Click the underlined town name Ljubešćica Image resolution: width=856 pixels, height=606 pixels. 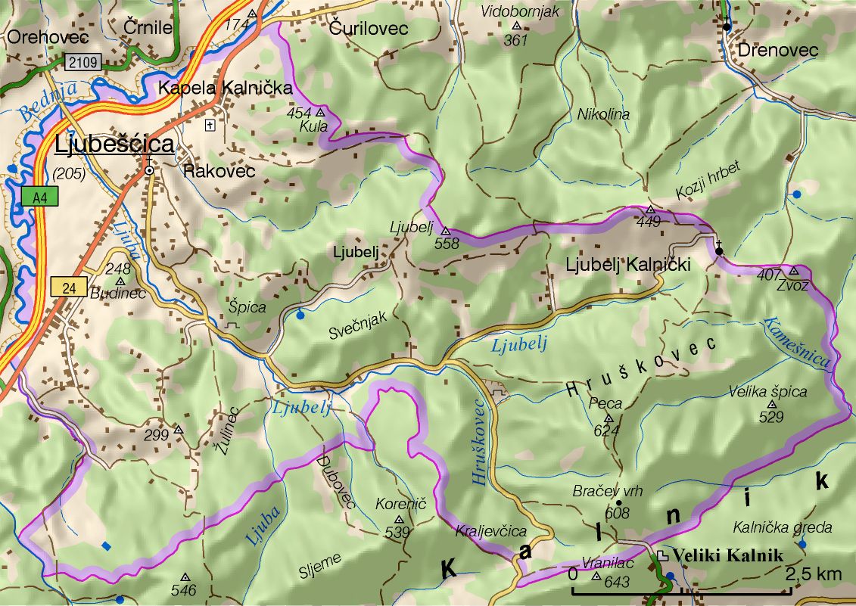[x=114, y=144]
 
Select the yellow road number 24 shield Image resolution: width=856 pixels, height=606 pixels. [x=65, y=287]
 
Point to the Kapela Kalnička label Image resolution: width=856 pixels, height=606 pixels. [x=225, y=89]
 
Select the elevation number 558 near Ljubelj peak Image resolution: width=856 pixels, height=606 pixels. [x=447, y=243]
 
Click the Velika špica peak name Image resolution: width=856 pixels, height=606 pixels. [x=767, y=392]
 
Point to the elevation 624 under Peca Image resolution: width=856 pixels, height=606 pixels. [x=607, y=430]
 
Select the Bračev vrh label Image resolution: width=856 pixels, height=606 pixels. [x=607, y=491]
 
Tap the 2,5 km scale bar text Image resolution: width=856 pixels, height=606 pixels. [x=814, y=574]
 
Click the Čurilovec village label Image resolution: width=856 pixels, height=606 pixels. [x=369, y=29]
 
